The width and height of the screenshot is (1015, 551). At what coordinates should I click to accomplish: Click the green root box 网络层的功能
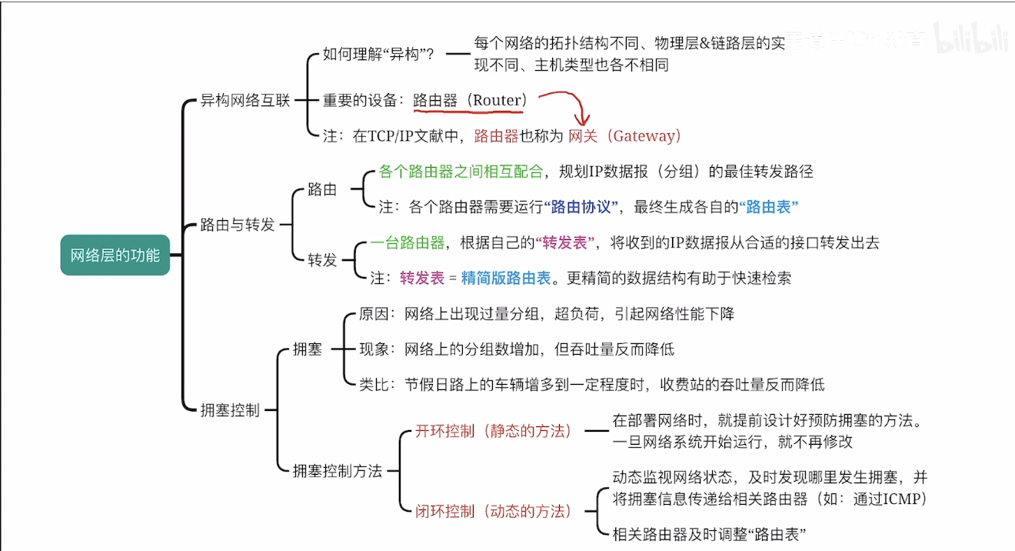115,255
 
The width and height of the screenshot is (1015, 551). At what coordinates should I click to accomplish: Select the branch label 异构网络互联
245,101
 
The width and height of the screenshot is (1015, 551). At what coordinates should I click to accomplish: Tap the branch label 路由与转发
237,225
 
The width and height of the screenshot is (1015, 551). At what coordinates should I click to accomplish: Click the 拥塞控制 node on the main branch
229,410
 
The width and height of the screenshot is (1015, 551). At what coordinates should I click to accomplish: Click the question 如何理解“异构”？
378,55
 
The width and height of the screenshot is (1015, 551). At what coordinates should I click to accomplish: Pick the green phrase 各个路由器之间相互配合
462,172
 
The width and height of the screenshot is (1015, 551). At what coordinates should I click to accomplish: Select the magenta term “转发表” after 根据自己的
568,243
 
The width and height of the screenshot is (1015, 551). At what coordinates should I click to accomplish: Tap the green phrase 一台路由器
408,243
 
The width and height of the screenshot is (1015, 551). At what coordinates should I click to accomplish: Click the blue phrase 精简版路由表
505,279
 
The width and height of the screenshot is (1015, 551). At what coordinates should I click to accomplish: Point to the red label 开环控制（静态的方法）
494,431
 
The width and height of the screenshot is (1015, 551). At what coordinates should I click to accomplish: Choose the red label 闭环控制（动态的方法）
494,511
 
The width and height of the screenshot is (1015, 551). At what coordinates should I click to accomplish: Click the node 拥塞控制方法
337,471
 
